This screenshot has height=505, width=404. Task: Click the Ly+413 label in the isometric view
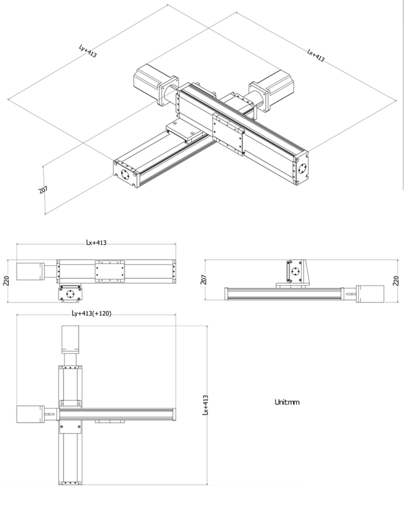[87, 51]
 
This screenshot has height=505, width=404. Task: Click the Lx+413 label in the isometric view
[315, 55]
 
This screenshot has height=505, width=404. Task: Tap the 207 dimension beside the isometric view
[43, 190]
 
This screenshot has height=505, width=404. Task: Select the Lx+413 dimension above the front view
[96, 243]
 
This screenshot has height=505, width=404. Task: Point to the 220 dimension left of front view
[6, 280]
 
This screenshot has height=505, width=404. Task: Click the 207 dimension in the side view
[204, 279]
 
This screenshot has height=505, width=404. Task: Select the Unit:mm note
[287, 402]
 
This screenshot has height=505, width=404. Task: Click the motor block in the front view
[29, 272]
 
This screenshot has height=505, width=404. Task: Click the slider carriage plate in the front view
[110, 271]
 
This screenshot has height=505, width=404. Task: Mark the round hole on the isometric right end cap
[302, 168]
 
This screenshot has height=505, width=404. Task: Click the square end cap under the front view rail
[71, 294]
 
